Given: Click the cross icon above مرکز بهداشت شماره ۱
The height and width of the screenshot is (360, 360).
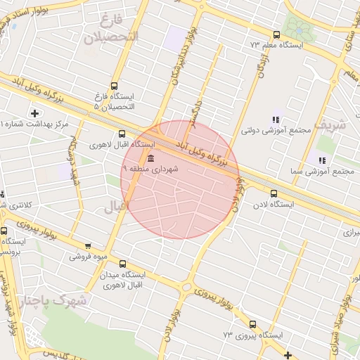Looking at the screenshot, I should [34, 112].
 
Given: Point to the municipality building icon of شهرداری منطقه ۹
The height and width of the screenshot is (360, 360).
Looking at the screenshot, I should [151, 157].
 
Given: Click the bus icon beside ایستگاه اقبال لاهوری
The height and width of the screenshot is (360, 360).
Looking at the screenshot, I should [122, 133].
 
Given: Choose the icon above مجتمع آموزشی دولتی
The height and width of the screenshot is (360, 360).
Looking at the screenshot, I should [276, 120].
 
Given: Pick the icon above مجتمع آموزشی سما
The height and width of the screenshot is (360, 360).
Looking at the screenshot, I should [321, 160].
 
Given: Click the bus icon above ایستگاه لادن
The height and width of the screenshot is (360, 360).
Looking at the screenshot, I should [274, 193].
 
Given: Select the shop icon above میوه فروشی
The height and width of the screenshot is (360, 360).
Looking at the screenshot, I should [88, 246].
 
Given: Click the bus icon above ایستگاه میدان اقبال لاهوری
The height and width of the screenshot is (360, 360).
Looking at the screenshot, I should [123, 264].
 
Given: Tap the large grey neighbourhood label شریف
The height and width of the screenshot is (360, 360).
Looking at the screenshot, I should [330, 125].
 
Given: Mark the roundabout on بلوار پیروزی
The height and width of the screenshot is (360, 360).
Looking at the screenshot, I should [187, 287].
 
